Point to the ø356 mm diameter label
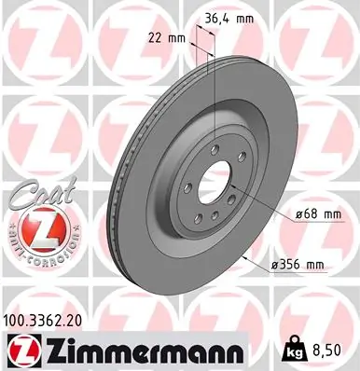[298, 266]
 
